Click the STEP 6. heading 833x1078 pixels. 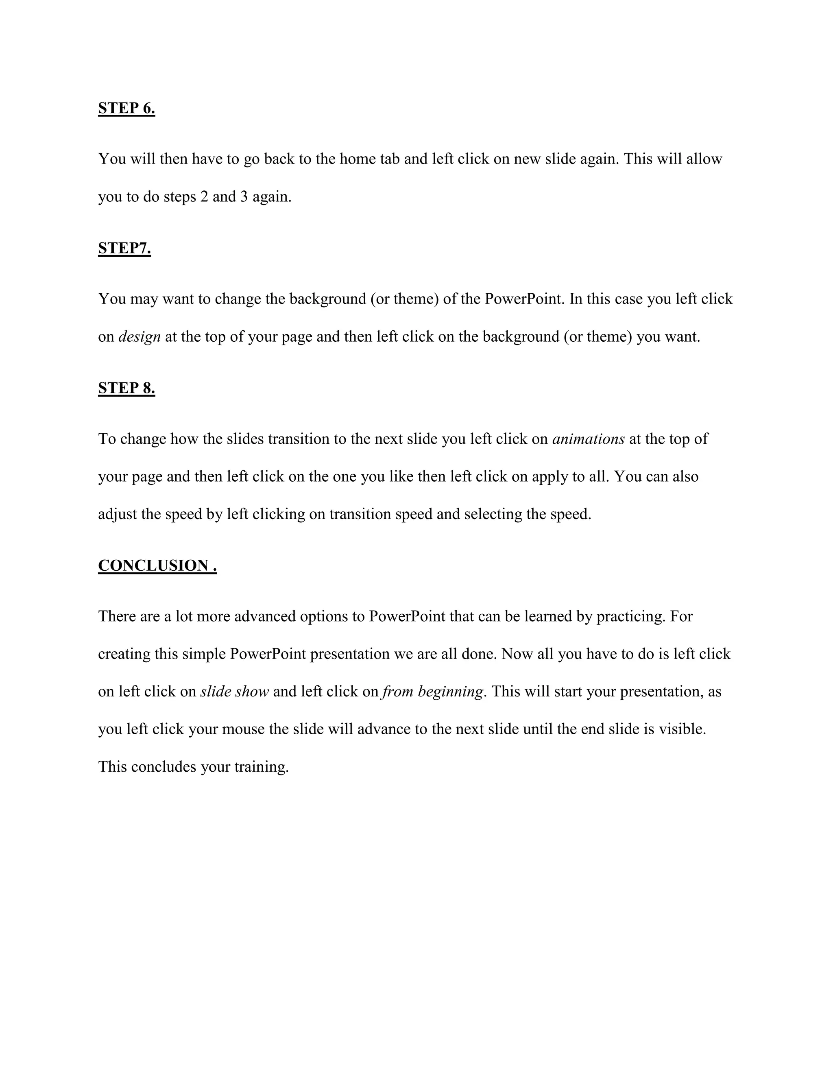pyautogui.click(x=126, y=108)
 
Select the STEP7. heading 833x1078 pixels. pyautogui.click(x=124, y=248)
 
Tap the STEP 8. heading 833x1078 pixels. pyautogui.click(x=126, y=388)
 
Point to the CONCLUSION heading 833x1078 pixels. pyautogui.click(x=157, y=566)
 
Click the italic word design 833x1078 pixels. pyautogui.click(x=140, y=337)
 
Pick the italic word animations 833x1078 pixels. pyautogui.click(x=589, y=439)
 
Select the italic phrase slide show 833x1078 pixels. pyautogui.click(x=234, y=692)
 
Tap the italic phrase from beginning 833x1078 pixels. pyautogui.click(x=433, y=692)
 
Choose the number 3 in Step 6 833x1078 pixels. pyautogui.click(x=244, y=196)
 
